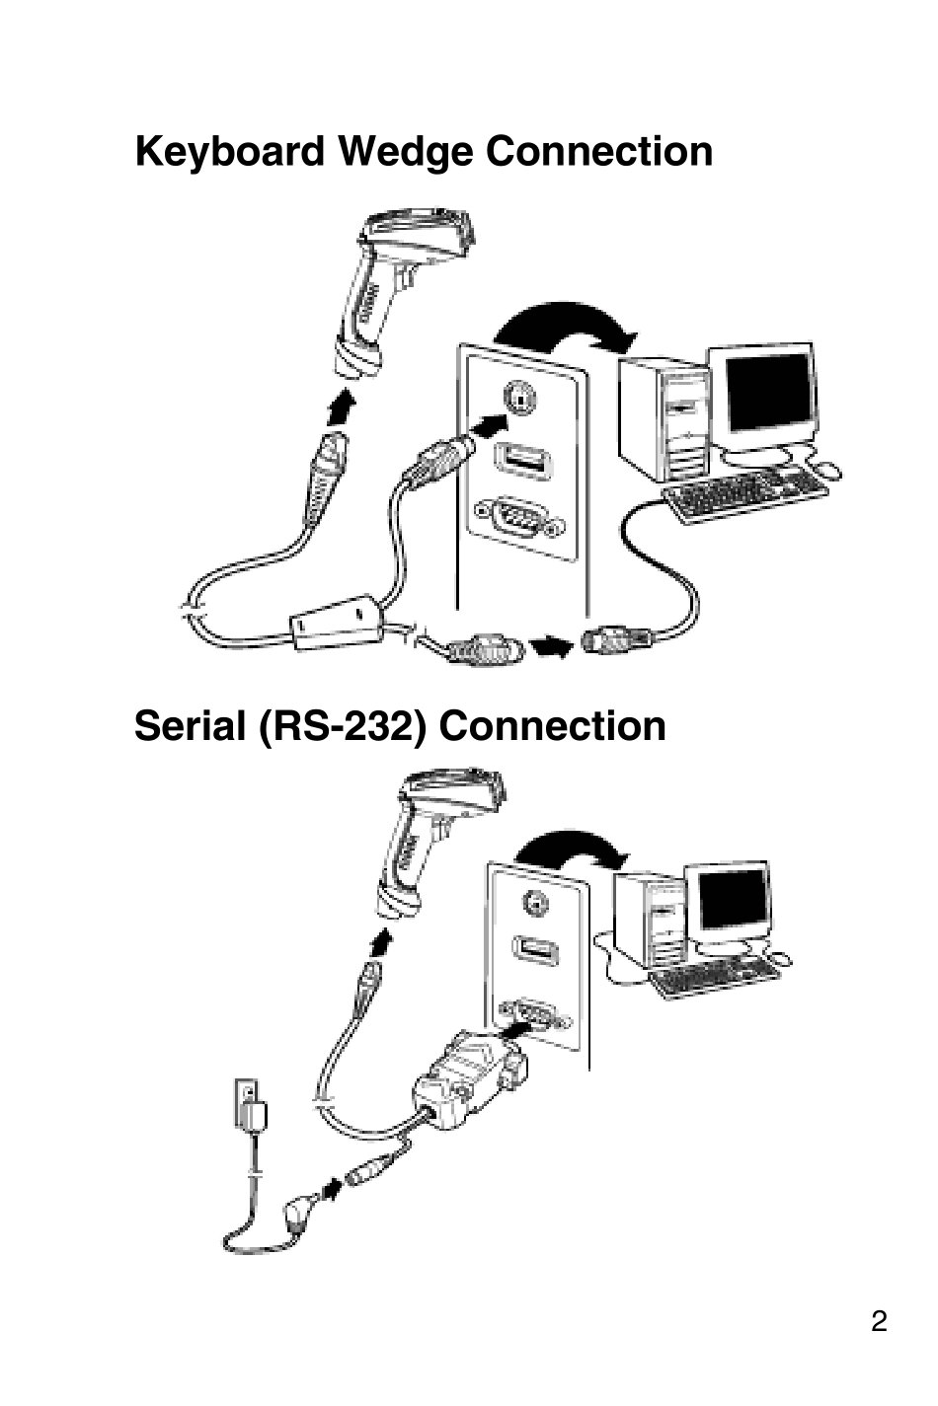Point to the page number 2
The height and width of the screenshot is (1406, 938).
879,1321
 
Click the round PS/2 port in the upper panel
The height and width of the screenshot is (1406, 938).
517,399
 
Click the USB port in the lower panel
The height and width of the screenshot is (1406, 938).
536,950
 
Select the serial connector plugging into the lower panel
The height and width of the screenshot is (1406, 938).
469,1075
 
